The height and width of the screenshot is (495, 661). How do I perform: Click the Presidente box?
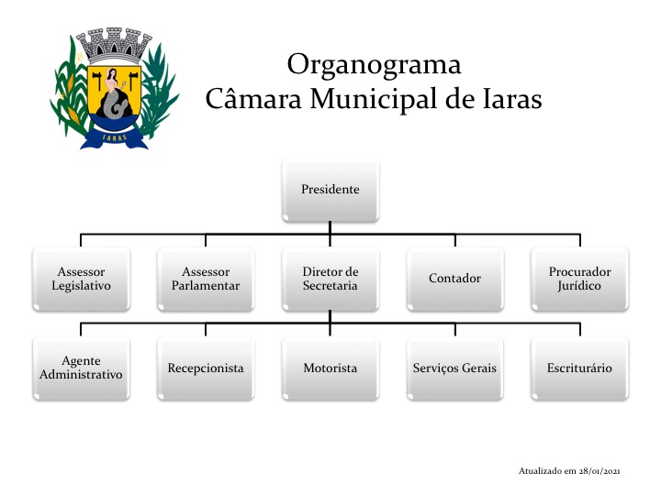(x=330, y=190)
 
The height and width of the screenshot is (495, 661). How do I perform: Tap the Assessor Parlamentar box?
(x=206, y=279)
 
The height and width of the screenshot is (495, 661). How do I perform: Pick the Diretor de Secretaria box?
(x=330, y=279)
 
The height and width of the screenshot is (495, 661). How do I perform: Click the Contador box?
(x=454, y=279)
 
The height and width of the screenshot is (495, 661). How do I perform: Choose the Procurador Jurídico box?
(x=579, y=279)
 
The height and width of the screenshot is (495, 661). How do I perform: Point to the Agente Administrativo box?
(x=81, y=368)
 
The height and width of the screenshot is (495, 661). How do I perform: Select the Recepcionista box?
(x=206, y=368)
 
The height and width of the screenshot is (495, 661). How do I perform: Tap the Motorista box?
(x=330, y=368)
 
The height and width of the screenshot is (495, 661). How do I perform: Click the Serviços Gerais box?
(x=454, y=368)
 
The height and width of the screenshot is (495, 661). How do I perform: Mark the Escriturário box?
(x=579, y=368)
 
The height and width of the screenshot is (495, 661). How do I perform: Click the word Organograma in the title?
(x=374, y=66)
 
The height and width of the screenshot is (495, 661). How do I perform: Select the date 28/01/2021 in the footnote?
(x=599, y=470)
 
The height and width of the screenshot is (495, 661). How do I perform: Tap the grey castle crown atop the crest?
(x=114, y=45)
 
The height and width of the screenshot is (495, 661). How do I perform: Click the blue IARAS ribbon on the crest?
(x=114, y=137)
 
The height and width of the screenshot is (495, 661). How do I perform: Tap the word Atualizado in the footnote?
(x=541, y=470)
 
